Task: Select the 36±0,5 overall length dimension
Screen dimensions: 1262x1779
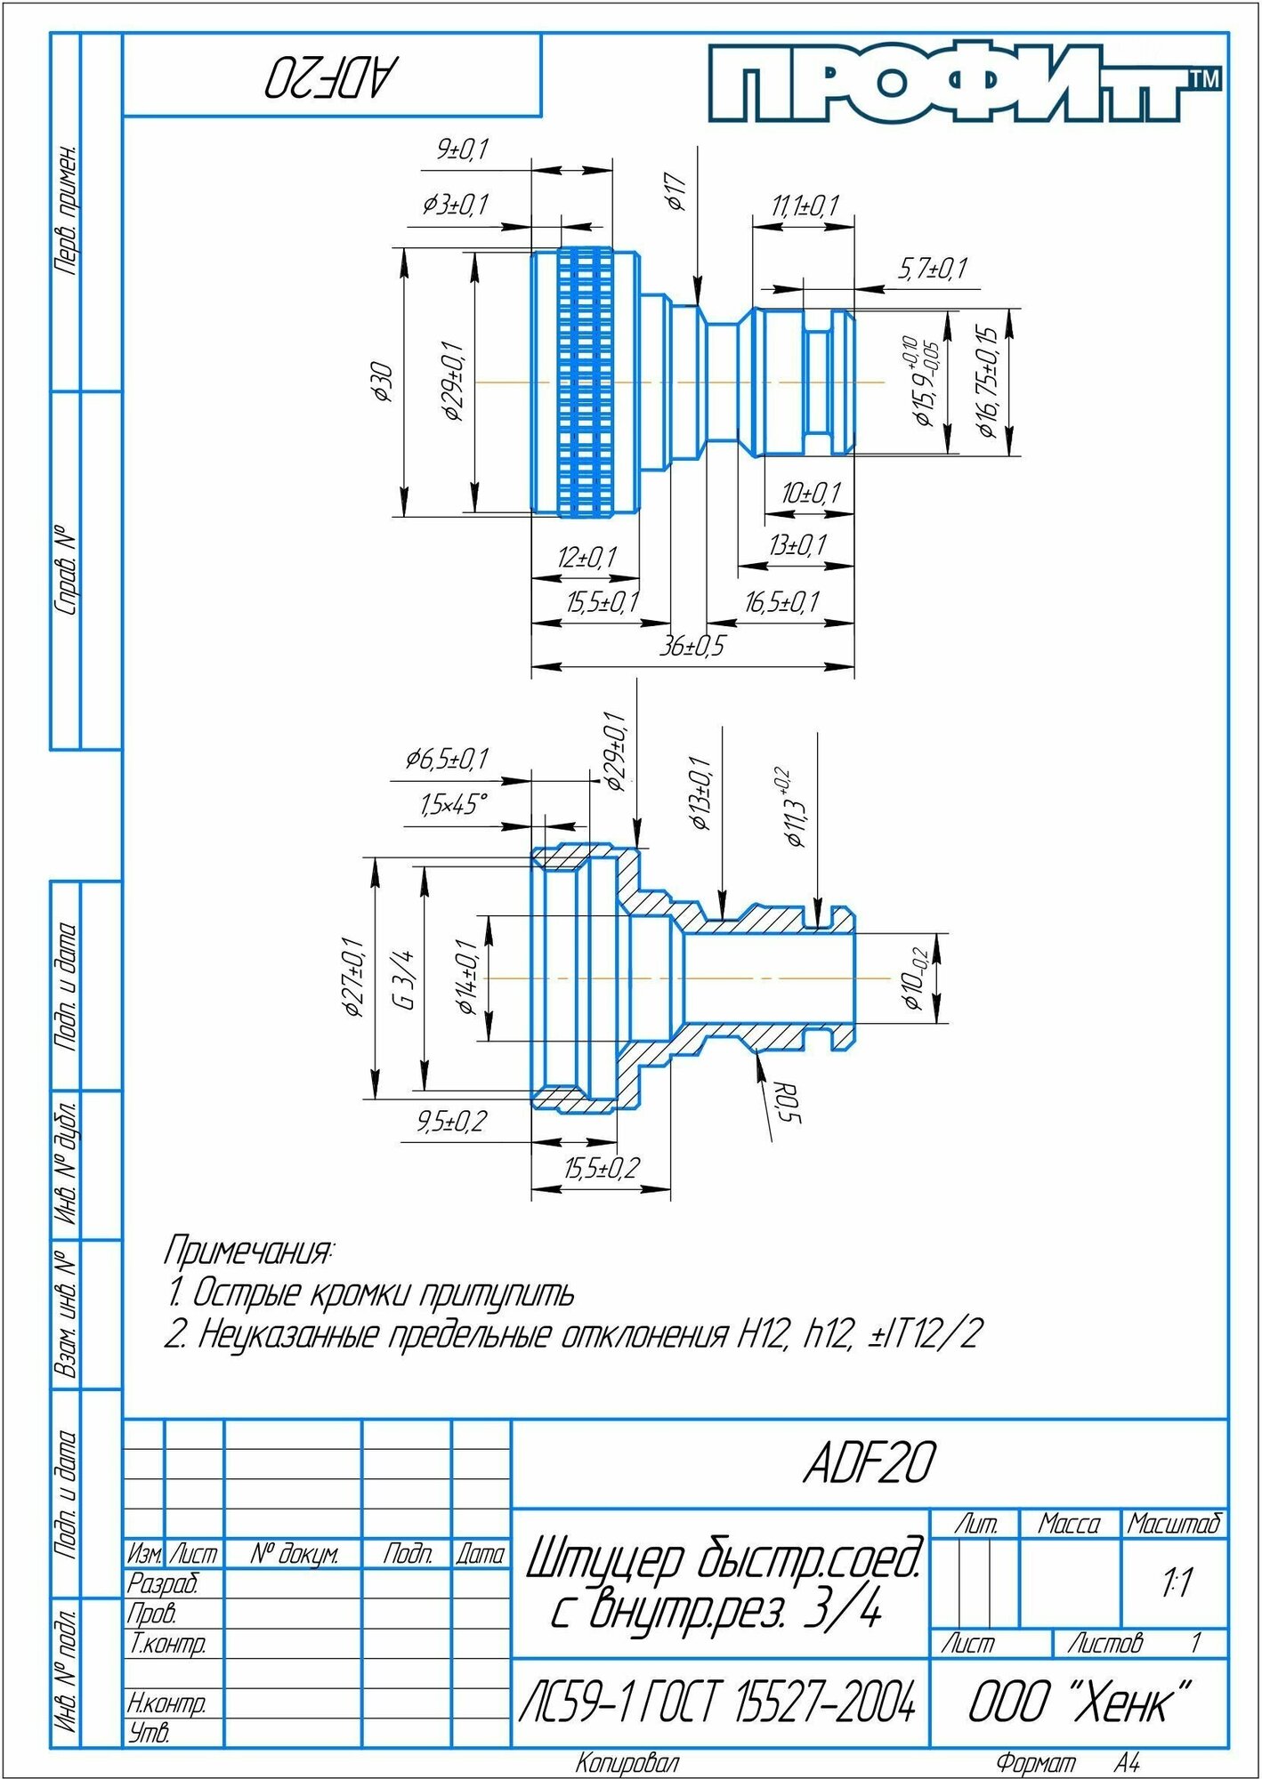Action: (x=692, y=646)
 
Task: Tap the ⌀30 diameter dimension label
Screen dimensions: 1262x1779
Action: (x=384, y=382)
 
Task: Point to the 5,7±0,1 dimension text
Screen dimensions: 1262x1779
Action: (x=933, y=269)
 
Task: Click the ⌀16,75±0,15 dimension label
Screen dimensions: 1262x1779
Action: (x=988, y=382)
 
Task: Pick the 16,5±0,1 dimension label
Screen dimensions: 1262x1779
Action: (x=781, y=603)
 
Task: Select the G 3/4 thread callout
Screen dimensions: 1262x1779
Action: (x=404, y=978)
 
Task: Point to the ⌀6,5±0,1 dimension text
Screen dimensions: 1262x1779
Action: (x=447, y=760)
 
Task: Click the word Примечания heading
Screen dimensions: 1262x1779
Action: (x=248, y=1252)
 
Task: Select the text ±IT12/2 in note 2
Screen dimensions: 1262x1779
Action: (x=926, y=1334)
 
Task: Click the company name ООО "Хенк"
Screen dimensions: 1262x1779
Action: (x=1079, y=1703)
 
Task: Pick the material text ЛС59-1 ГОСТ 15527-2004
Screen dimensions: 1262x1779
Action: (x=717, y=1703)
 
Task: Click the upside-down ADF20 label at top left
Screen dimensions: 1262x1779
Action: (x=330, y=77)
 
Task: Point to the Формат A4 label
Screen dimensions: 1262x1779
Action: (x=1068, y=1762)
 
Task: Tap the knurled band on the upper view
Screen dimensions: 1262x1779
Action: (x=586, y=382)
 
